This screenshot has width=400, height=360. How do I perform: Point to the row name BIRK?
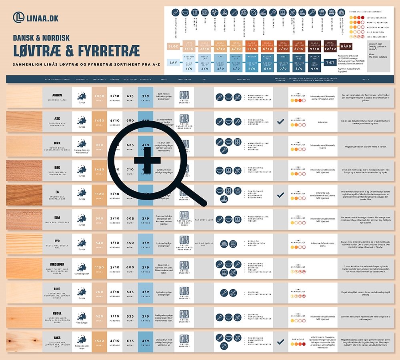tap(57, 143)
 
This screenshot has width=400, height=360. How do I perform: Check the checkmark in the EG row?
tap(280, 194)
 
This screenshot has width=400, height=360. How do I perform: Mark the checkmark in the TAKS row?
tap(280, 342)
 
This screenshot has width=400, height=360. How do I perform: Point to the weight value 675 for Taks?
tap(130, 341)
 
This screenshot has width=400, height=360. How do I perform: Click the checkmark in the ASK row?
tap(280, 121)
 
